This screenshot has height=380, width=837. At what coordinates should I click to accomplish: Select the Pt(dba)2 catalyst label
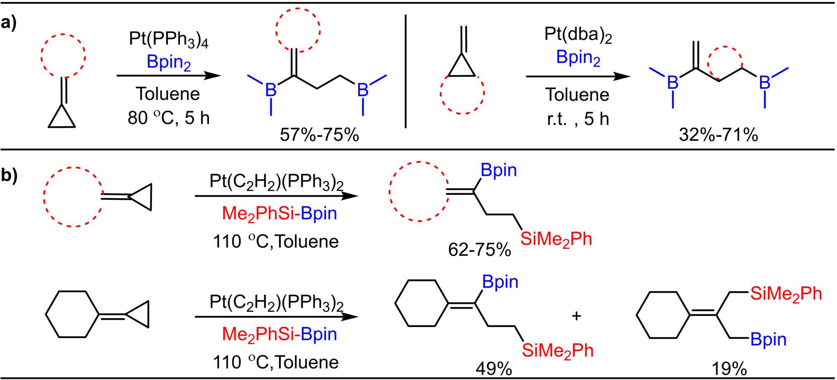(578, 35)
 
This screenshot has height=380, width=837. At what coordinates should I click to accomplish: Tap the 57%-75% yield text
(319, 135)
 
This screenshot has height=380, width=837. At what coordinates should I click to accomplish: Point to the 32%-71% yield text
(718, 135)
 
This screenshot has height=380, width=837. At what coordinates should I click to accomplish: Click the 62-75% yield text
(479, 250)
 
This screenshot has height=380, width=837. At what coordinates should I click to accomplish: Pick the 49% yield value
(493, 369)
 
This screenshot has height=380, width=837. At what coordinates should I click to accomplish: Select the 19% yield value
(729, 369)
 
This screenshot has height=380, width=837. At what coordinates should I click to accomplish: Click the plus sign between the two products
(576, 316)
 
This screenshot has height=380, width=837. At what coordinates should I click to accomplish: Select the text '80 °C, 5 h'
(168, 118)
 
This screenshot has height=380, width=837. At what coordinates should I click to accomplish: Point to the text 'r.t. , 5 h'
(578, 119)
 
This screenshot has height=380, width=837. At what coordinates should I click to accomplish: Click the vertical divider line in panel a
(406, 71)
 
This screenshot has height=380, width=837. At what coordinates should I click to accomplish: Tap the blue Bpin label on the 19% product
(768, 339)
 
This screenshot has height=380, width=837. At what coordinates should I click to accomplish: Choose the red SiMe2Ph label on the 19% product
(786, 294)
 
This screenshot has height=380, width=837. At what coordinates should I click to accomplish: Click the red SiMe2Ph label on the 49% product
(557, 350)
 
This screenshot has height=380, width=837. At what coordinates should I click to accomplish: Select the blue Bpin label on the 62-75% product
(498, 170)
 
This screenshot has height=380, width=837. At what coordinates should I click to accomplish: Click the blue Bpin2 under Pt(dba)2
(578, 58)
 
